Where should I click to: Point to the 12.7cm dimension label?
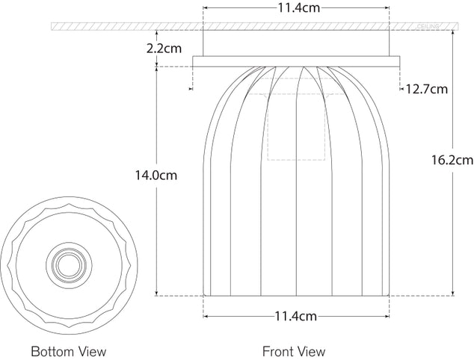[427, 90]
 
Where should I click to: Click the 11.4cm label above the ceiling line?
[296, 10]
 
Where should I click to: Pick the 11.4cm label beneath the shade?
[296, 316]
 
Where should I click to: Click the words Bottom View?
[69, 350]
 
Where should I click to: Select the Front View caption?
[294, 350]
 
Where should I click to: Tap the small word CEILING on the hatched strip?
[429, 27]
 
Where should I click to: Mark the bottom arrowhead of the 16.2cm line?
[455, 294]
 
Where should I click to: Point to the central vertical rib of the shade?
[297, 187]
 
